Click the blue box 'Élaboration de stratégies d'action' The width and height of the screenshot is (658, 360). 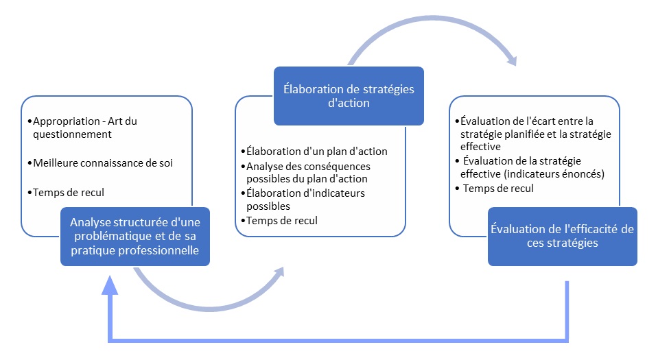(x=348, y=96)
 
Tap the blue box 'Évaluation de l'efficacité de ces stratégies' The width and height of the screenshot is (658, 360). (x=562, y=236)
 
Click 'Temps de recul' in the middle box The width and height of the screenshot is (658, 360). (x=281, y=220)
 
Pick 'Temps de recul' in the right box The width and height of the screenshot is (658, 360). (x=498, y=188)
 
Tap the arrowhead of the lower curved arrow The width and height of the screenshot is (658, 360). (x=277, y=274)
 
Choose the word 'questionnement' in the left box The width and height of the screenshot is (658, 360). (x=71, y=134)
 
